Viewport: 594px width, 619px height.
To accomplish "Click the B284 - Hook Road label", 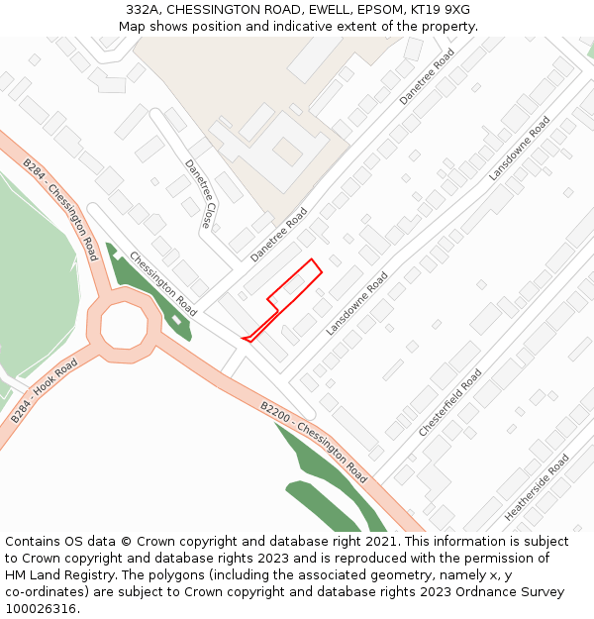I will click(44, 392).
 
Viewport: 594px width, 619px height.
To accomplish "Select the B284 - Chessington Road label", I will click(59, 204).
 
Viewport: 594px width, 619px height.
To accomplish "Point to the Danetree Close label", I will click(198, 193).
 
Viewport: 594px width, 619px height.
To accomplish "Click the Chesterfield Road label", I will click(450, 403).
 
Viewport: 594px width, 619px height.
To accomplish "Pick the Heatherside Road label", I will click(537, 488).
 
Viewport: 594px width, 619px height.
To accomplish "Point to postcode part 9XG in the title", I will click(456, 10).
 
